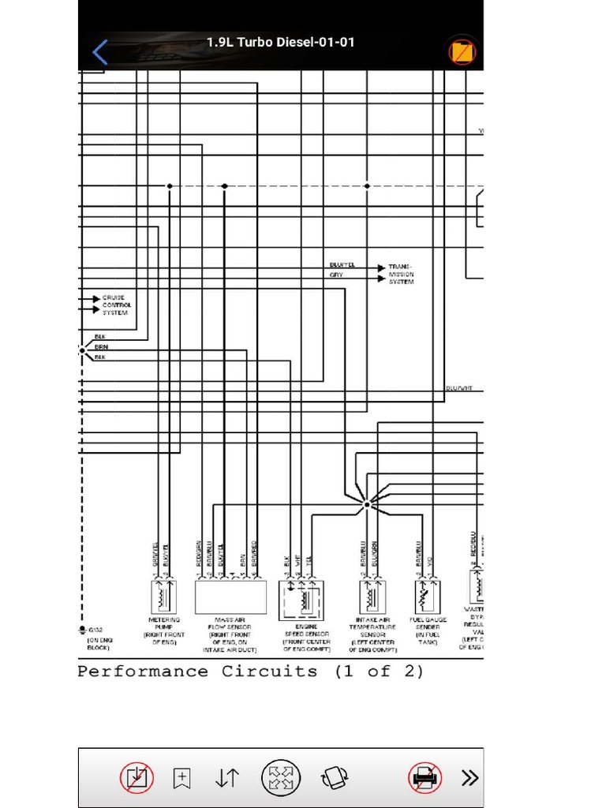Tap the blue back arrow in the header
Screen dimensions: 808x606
(x=100, y=53)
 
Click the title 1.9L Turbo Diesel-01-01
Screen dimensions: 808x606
(x=280, y=42)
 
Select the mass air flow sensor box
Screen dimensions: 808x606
(x=230, y=597)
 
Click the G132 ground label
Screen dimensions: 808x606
(x=95, y=630)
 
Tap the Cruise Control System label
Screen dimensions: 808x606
(x=116, y=305)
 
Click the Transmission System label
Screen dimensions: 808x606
(x=401, y=275)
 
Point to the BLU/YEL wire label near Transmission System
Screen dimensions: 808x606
(x=342, y=265)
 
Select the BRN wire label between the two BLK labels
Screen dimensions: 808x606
(x=102, y=347)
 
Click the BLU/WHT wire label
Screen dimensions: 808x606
(x=458, y=388)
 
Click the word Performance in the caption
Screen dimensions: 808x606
(x=143, y=672)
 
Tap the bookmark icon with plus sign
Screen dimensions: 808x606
(x=181, y=778)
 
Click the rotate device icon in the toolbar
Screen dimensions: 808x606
(x=335, y=778)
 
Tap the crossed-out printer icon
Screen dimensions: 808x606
(x=424, y=778)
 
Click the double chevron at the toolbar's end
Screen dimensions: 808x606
(x=470, y=778)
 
